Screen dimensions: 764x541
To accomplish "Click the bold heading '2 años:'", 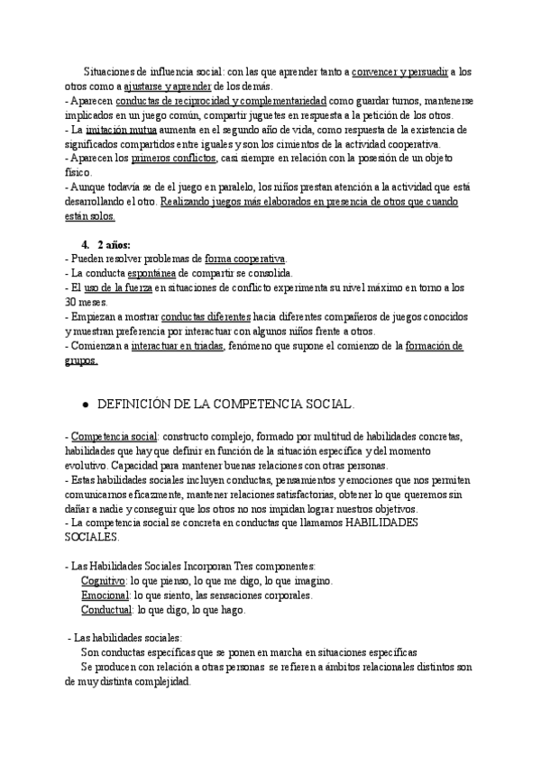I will coord(114,244).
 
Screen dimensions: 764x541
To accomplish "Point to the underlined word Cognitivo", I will coord(103,581).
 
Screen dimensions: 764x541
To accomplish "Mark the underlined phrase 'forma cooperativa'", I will coord(245,259).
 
